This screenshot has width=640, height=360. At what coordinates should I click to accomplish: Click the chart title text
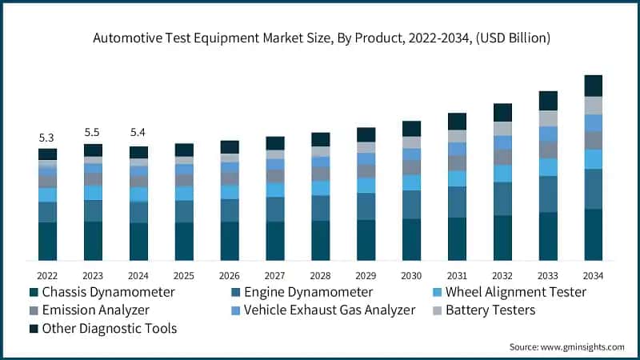(x=320, y=38)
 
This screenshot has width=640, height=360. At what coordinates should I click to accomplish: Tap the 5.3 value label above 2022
(x=47, y=138)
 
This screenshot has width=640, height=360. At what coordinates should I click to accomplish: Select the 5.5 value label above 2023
(x=93, y=133)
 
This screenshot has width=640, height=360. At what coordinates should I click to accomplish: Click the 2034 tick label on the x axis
(x=593, y=274)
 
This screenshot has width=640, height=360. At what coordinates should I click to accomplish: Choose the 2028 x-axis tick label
(x=320, y=274)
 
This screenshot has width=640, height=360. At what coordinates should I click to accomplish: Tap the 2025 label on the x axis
(x=184, y=274)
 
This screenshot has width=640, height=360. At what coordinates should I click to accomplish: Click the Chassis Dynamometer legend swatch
(x=34, y=292)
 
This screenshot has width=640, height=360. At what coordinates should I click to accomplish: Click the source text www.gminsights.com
(x=566, y=346)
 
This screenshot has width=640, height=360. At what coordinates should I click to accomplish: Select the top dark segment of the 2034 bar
(x=593, y=86)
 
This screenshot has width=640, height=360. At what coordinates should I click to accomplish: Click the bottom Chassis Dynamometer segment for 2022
(x=47, y=241)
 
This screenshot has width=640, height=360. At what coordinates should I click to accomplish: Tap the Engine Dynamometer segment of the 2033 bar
(x=548, y=194)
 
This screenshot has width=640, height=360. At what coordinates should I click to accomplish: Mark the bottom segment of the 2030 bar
(x=411, y=239)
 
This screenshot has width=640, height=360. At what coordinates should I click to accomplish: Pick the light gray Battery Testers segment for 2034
(x=593, y=105)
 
